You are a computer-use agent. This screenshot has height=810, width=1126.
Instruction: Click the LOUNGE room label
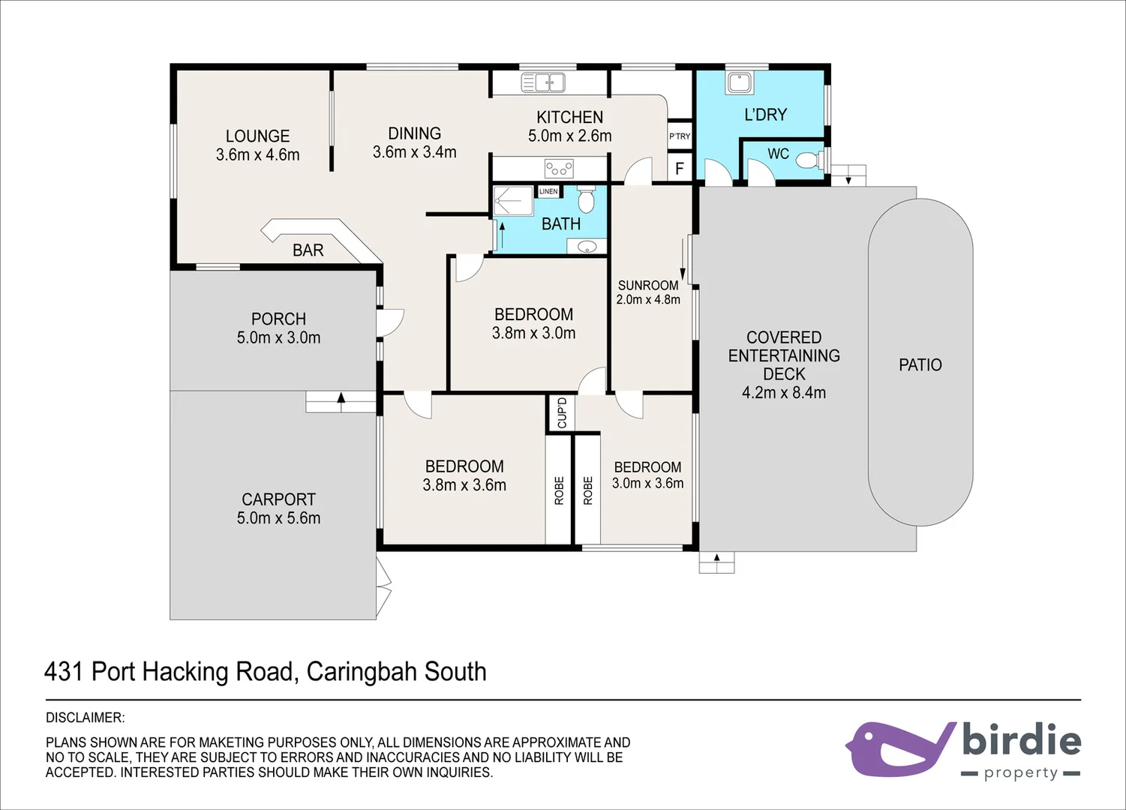coord(257,136)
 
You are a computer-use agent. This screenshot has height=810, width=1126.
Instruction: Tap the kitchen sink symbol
coord(543,82)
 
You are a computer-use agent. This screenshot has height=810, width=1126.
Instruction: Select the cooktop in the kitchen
coord(558,168)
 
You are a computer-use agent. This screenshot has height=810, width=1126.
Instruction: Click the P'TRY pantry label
coord(680,136)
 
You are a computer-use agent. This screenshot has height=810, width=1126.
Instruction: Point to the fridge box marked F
coord(680,169)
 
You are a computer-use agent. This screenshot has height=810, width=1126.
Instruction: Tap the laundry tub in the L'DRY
coord(739,82)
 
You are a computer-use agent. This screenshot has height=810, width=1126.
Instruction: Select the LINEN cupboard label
coord(548,192)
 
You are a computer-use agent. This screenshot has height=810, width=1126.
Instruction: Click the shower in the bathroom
coord(512,201)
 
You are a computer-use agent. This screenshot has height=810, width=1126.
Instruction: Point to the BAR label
coord(308,250)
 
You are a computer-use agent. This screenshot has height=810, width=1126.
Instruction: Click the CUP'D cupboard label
coord(562,413)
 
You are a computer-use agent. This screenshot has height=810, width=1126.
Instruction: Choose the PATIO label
coord(920,365)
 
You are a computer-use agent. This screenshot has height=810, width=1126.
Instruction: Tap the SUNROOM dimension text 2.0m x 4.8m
coord(648,300)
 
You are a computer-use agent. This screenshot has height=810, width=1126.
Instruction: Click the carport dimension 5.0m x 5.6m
coord(278,518)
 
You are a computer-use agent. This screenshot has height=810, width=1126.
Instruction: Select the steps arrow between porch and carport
coord(341,400)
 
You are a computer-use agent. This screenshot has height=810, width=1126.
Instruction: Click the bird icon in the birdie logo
coord(896,748)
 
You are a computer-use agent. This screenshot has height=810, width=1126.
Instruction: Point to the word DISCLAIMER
coord(85,718)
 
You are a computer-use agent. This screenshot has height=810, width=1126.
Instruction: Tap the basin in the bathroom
coord(587,246)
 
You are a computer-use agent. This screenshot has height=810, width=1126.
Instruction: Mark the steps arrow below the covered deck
coord(716,559)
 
